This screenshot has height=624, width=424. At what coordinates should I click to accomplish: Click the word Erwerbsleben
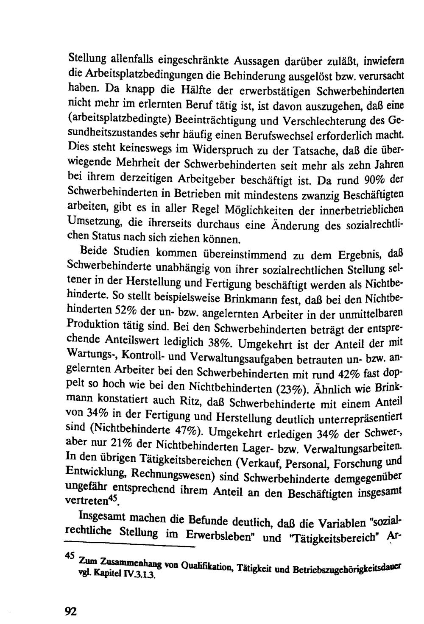point(216,535)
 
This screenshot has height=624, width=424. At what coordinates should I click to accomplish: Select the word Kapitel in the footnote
point(103,575)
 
